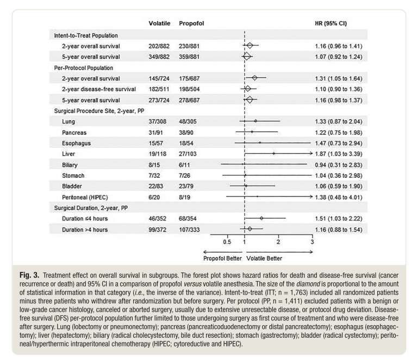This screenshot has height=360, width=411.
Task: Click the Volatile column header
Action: (x=160, y=24)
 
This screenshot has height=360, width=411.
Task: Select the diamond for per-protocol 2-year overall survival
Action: (x=254, y=78)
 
